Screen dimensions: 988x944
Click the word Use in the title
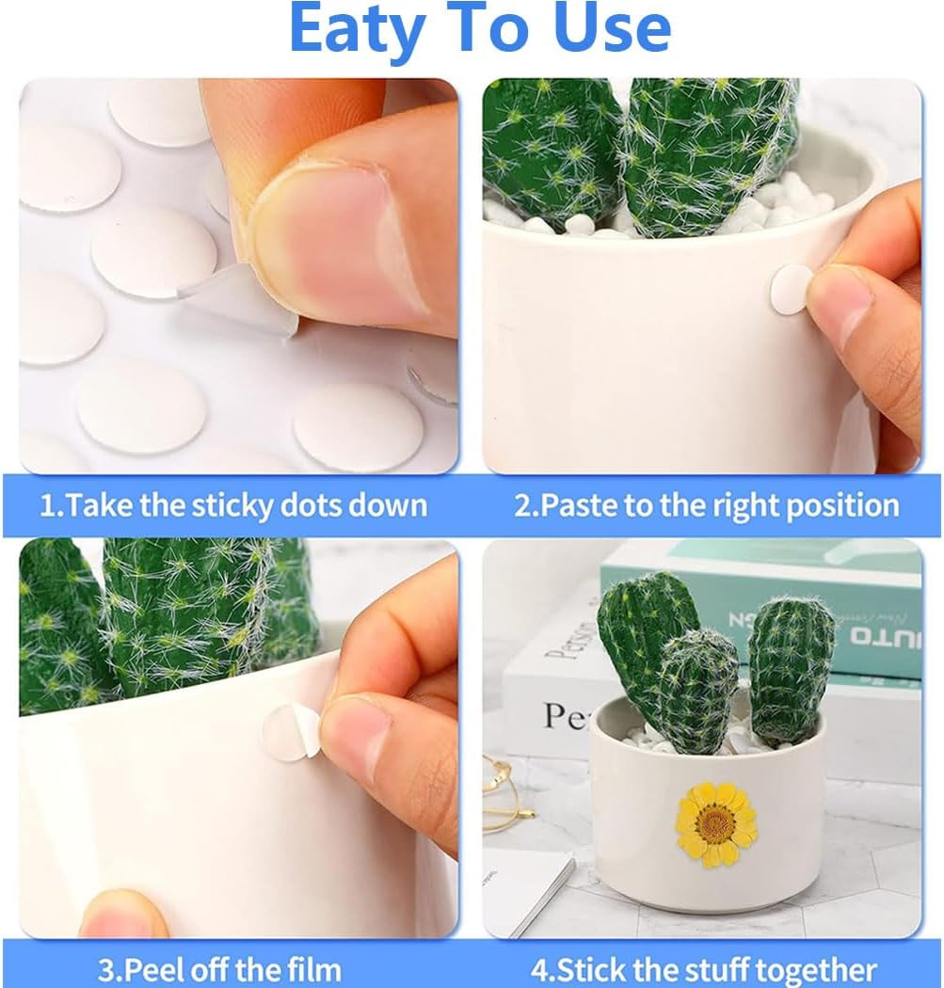coord(614,30)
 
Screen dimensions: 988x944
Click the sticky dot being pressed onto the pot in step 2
coord(791,289)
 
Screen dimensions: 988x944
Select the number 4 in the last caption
coord(539,969)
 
